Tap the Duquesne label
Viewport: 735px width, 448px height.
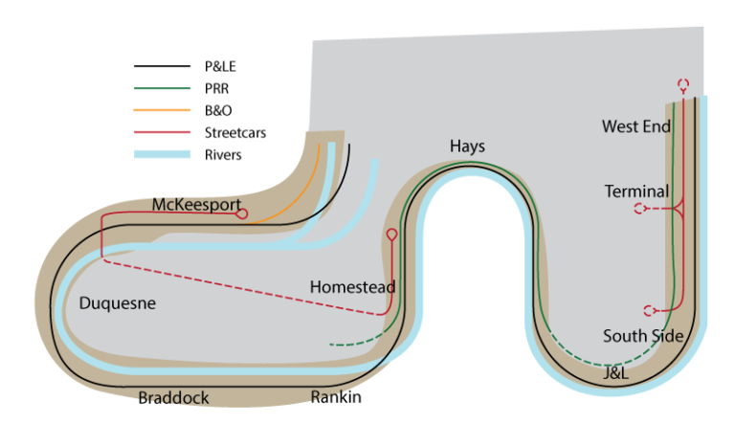click(x=117, y=303)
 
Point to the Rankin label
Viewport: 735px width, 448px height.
click(x=336, y=397)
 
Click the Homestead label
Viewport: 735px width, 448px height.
click(x=352, y=287)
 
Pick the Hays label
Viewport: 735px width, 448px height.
click(x=467, y=146)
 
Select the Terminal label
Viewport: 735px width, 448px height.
click(x=636, y=192)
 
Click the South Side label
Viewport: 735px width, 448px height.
click(x=643, y=336)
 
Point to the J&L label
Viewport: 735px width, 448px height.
click(x=615, y=374)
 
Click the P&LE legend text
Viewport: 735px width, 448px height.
click(x=223, y=67)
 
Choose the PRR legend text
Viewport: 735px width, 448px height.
click(x=217, y=89)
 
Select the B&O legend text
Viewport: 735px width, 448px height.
click(x=218, y=111)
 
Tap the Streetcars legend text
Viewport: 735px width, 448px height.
click(x=235, y=133)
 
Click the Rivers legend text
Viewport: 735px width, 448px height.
click(x=223, y=154)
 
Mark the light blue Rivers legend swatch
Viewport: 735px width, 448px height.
click(x=163, y=154)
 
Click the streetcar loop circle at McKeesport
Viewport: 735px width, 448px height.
click(x=241, y=213)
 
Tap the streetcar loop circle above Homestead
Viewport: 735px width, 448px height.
click(x=391, y=234)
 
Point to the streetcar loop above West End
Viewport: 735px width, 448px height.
click(x=683, y=84)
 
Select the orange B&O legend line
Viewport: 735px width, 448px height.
click(x=163, y=111)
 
